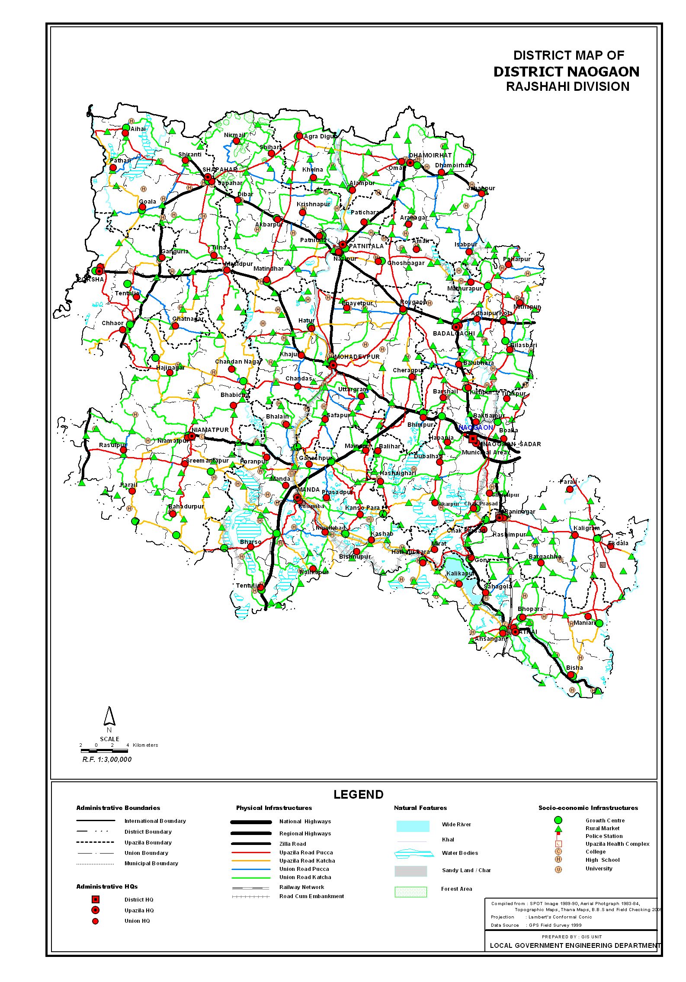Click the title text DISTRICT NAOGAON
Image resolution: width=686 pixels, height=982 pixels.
(x=566, y=71)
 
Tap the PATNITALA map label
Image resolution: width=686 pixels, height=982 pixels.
(x=366, y=246)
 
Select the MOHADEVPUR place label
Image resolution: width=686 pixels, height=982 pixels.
(x=357, y=357)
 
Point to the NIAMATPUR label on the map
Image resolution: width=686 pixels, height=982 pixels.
(x=210, y=430)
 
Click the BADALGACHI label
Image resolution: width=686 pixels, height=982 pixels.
(x=454, y=333)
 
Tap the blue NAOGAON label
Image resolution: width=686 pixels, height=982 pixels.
(x=476, y=427)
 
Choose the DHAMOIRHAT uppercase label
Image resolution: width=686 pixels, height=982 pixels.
(x=430, y=155)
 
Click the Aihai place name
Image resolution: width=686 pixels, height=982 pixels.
(x=138, y=129)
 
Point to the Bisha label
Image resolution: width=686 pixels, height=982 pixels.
(x=574, y=668)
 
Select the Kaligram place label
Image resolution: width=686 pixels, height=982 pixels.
(x=587, y=528)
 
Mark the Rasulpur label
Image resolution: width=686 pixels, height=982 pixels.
(x=112, y=445)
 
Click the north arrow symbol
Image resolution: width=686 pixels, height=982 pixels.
(x=109, y=717)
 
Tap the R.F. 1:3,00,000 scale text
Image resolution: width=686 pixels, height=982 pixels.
(x=107, y=759)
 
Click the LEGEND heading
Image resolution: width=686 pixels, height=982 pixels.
(x=358, y=794)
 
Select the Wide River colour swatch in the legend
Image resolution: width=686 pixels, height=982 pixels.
(x=413, y=826)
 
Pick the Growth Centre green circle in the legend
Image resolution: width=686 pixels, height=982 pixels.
(x=558, y=820)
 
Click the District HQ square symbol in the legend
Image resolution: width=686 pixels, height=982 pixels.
(x=96, y=899)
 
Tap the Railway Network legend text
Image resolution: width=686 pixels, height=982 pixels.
(x=301, y=887)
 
